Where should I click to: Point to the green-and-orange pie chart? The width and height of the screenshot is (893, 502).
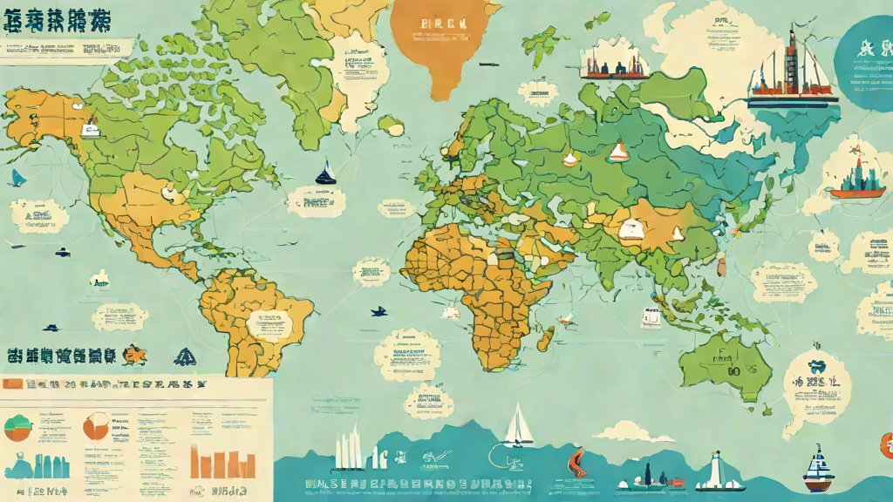tap(18, 428)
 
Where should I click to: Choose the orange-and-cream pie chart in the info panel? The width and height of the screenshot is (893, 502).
tap(95, 425)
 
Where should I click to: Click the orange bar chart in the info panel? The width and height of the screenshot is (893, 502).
tap(210, 463)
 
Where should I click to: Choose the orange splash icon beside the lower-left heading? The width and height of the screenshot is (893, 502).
tap(135, 355)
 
